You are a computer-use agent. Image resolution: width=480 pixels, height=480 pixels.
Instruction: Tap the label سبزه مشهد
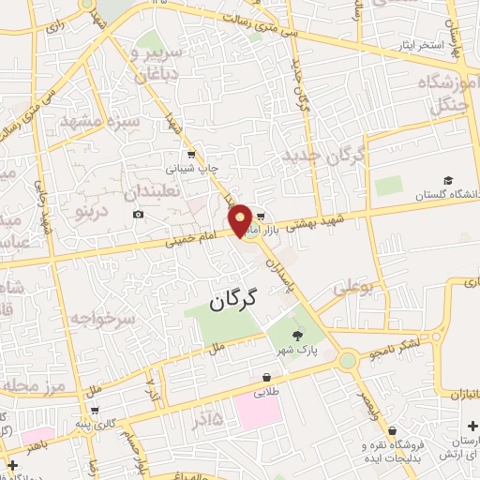point(99,122)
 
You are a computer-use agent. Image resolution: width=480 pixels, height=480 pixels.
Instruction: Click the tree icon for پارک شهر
point(297,335)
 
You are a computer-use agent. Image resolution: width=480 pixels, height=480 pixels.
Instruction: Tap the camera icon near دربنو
point(139,215)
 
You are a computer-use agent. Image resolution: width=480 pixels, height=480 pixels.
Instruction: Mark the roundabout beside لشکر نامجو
point(348,360)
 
